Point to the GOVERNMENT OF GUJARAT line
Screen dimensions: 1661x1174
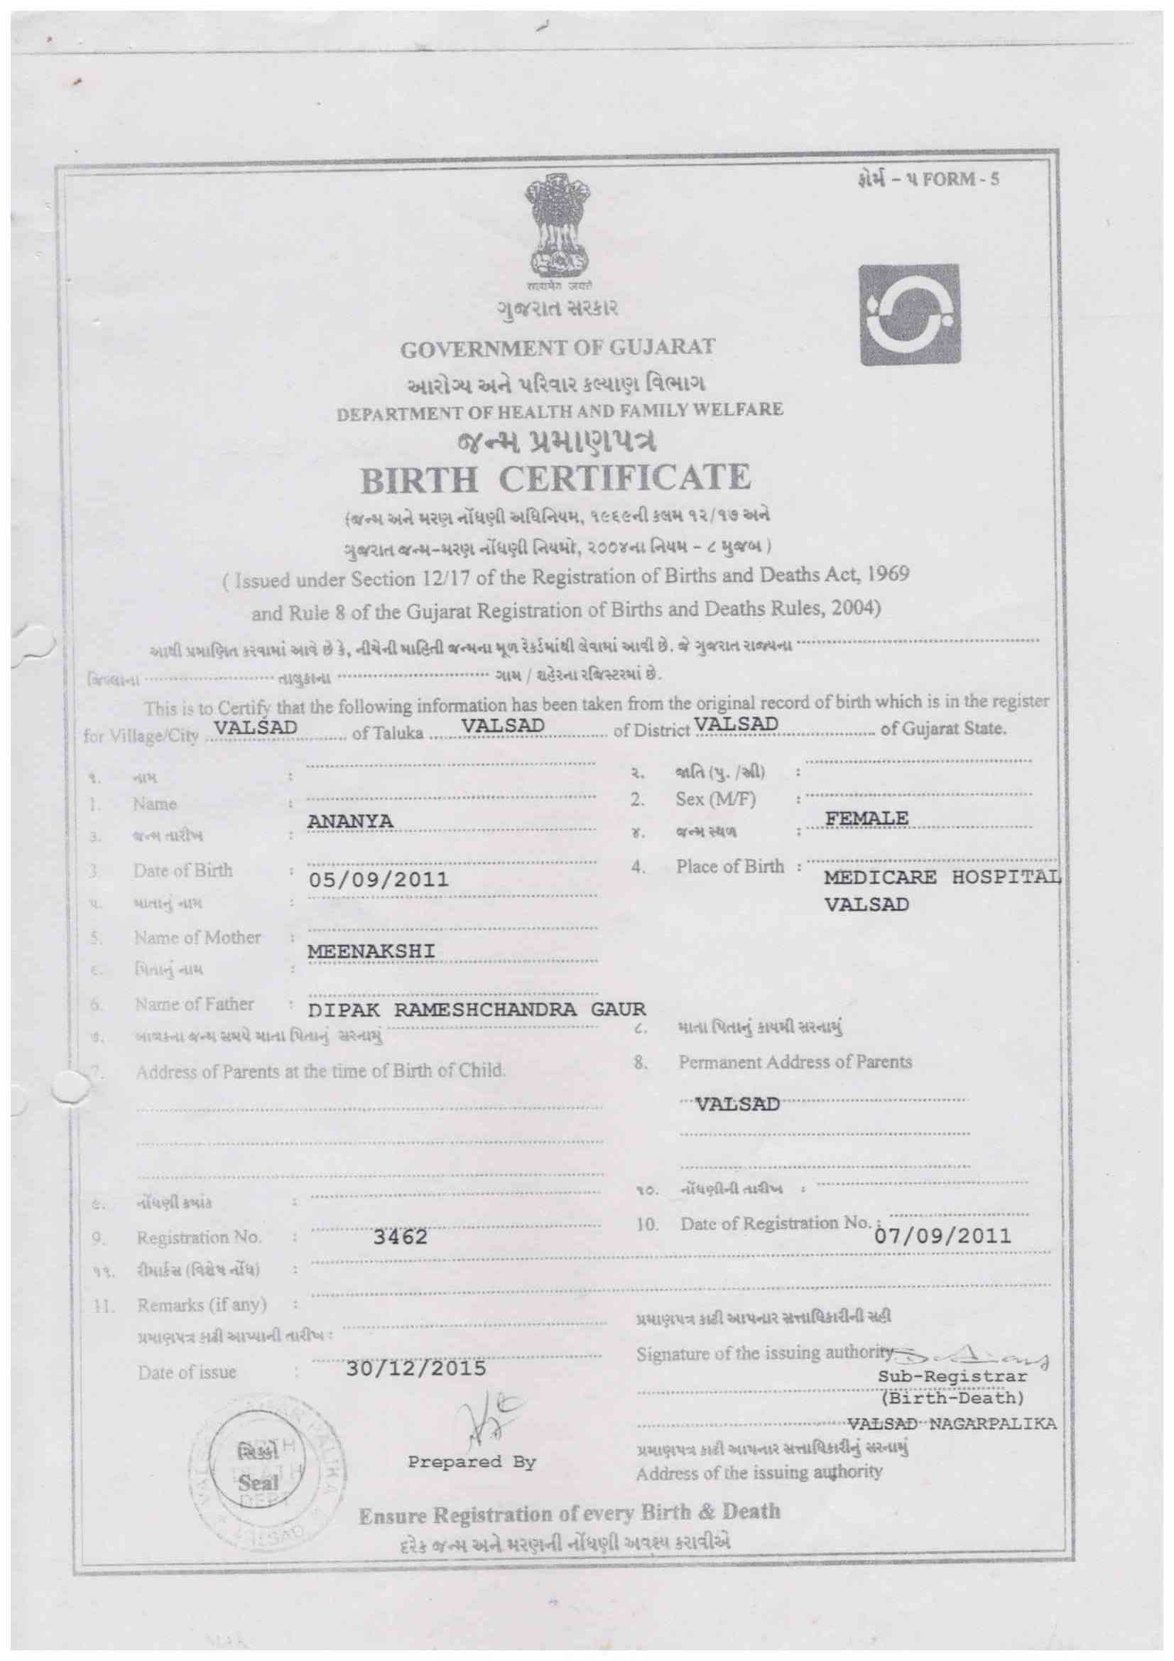pos(558,347)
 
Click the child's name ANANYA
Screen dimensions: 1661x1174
pos(350,822)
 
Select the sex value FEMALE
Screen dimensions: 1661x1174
pos(866,818)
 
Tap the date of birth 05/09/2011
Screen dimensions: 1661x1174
pos(379,880)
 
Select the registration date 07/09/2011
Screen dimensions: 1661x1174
pos(942,1235)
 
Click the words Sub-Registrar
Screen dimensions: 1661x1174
pos(952,1375)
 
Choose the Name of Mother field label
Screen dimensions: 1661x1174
pos(197,938)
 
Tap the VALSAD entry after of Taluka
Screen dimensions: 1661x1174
pos(503,725)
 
